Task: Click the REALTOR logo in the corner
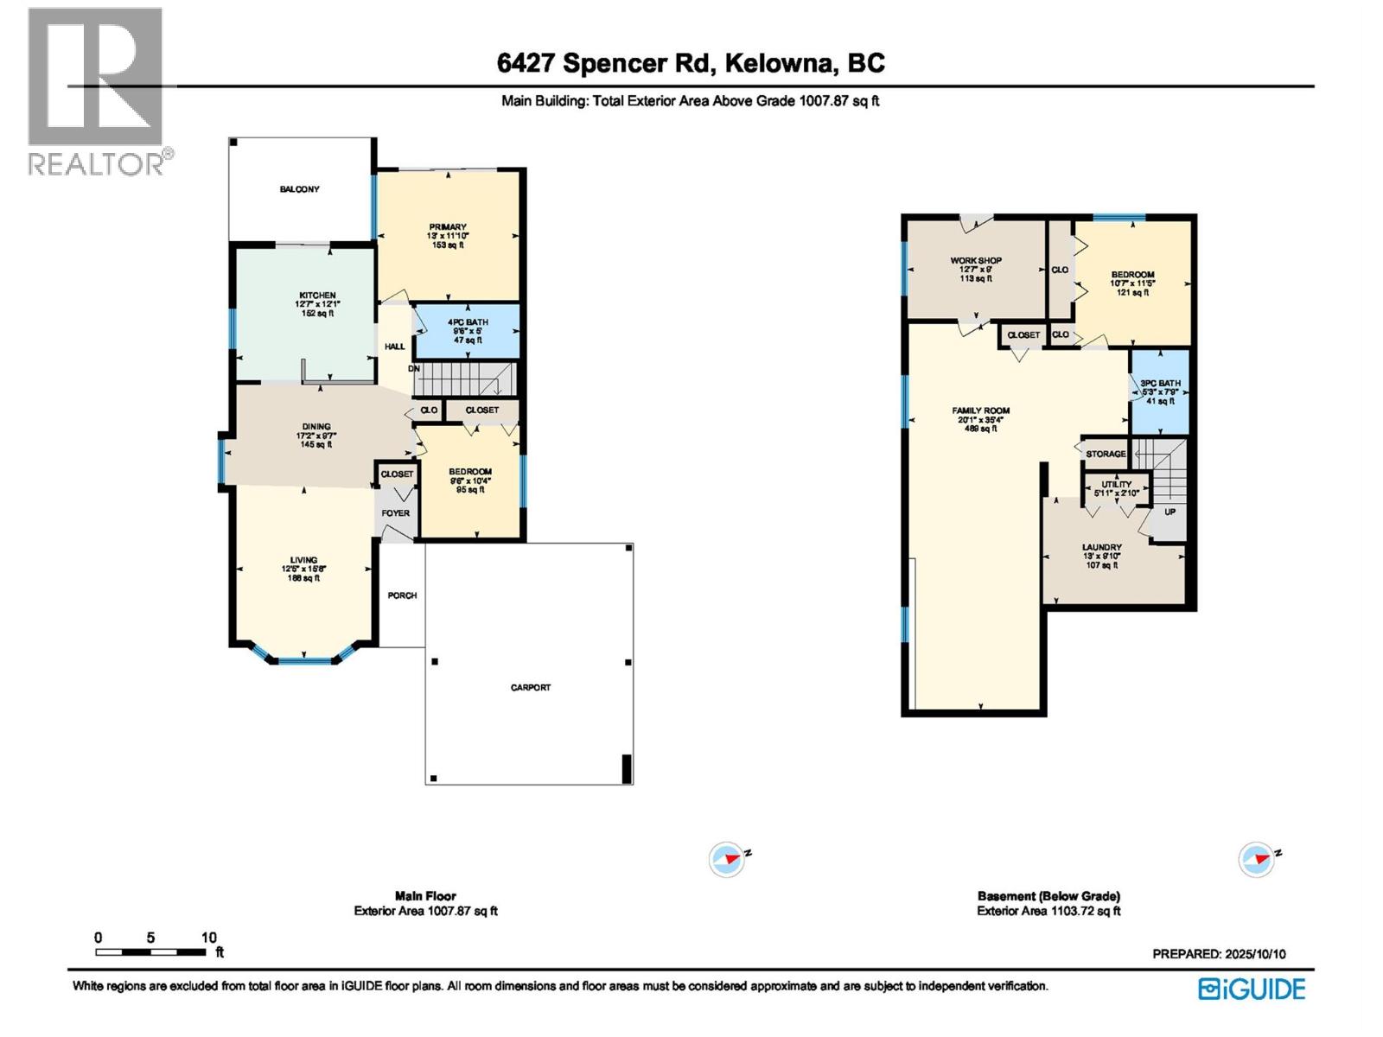[96, 91]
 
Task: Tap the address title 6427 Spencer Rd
[691, 63]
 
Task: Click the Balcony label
[299, 189]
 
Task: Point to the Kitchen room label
[317, 296]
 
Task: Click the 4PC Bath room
[468, 331]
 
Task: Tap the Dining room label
[316, 427]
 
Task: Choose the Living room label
[303, 561]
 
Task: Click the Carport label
[530, 688]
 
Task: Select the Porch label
[402, 595]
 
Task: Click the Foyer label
[396, 513]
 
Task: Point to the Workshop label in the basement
[976, 261]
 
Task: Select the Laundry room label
[1102, 548]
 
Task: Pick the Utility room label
[1117, 485]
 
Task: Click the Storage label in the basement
[1106, 454]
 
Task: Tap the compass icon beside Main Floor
[726, 860]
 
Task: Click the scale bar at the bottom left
[151, 951]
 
